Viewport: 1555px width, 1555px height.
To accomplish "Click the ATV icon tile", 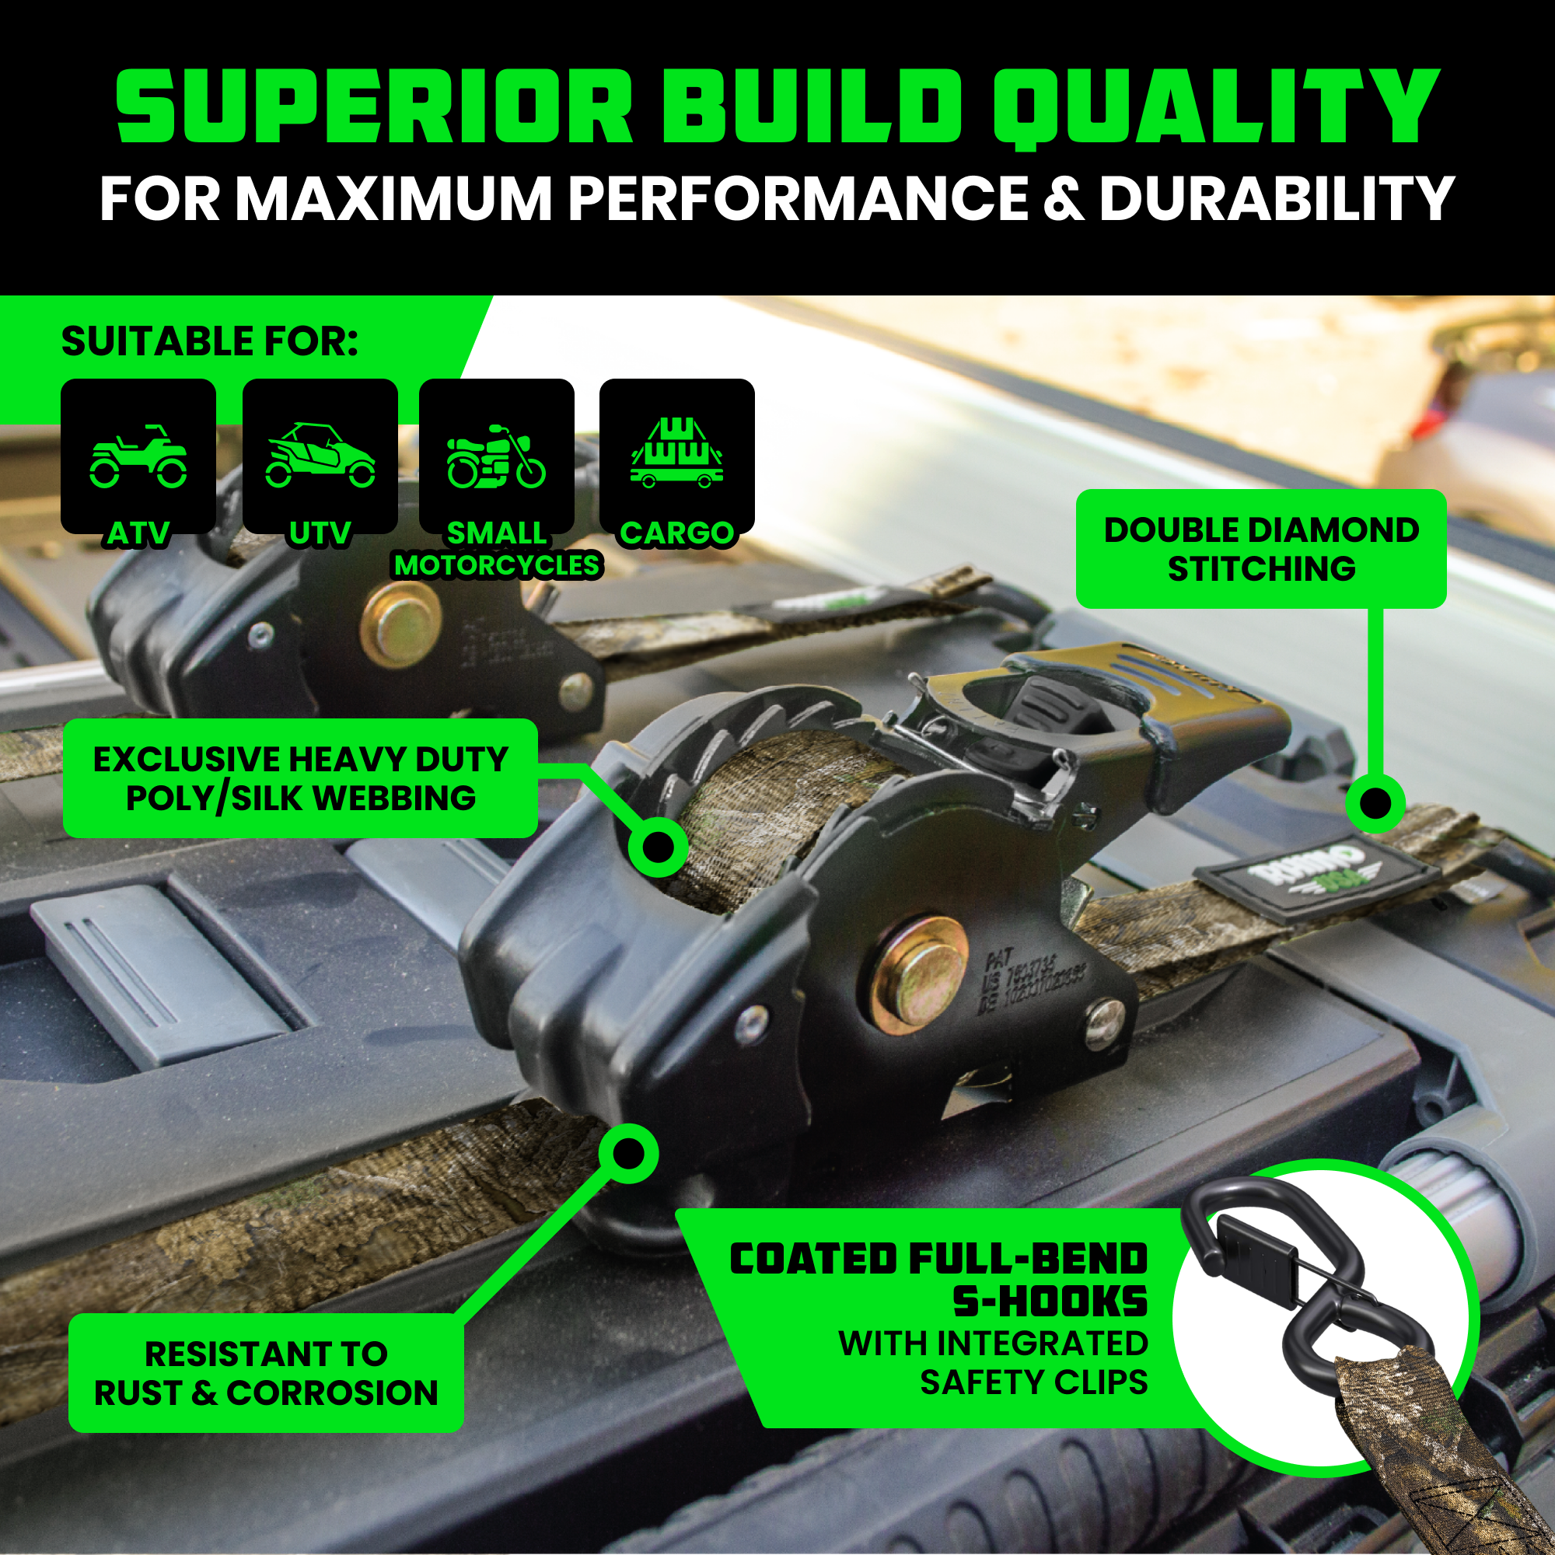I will [138, 456].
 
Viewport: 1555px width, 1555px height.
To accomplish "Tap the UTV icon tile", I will [320, 456].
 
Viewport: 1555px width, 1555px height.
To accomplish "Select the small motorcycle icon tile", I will [497, 456].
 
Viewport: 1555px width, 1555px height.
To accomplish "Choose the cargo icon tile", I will [677, 456].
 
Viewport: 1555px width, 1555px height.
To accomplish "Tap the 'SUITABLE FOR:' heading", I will [209, 341].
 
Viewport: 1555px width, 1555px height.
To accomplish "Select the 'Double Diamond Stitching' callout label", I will [1261, 549].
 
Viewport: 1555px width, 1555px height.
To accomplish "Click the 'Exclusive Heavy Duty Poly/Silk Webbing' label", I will [300, 778].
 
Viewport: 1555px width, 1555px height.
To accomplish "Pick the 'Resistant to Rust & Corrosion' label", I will [267, 1373].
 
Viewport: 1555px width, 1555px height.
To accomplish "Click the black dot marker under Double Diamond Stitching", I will [1375, 803].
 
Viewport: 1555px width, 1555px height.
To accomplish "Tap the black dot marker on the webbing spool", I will [659, 846].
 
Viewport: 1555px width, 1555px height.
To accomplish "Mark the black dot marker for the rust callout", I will [628, 1154].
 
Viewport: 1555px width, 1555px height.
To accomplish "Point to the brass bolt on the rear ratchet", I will [400, 625].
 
